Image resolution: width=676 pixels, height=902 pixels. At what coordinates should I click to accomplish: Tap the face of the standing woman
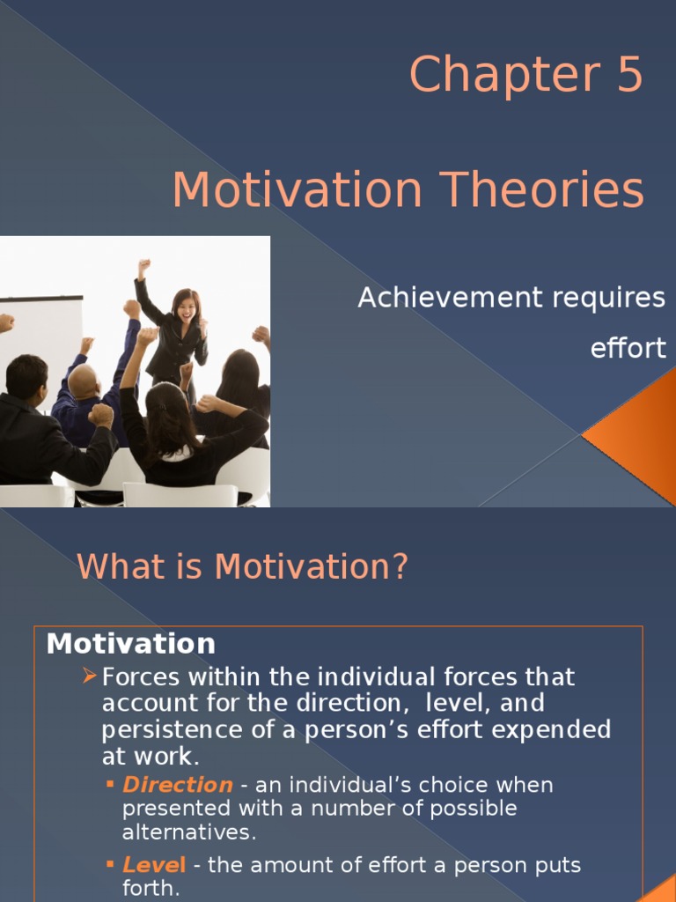click(x=187, y=307)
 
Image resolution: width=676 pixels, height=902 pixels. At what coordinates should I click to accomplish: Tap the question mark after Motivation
click(x=400, y=567)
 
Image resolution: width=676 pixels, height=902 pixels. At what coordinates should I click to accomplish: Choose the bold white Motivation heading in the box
click(x=131, y=644)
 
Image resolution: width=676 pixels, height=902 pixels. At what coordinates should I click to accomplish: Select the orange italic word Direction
click(x=178, y=785)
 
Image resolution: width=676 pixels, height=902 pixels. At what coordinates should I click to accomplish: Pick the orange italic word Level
click(x=154, y=866)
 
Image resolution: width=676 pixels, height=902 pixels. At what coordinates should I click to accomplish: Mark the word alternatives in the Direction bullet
click(x=187, y=832)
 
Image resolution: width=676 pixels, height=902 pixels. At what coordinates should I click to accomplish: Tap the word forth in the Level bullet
click(x=149, y=889)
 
